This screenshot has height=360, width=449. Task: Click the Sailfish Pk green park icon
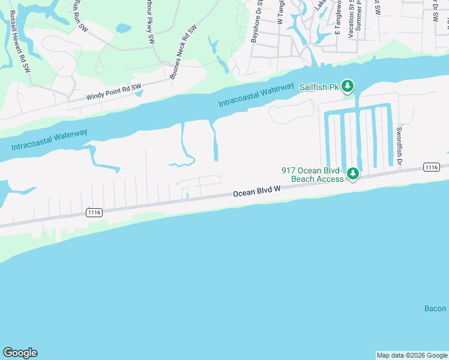[348, 86]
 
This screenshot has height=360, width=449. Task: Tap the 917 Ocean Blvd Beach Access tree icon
[354, 174]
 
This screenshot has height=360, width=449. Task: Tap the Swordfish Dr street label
[398, 146]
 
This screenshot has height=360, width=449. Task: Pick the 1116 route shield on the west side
[94, 212]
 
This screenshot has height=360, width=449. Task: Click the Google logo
[20, 353]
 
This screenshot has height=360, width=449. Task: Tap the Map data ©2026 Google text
[412, 355]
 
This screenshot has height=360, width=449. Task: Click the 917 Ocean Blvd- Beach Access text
[313, 175]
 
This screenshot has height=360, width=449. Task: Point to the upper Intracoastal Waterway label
[256, 95]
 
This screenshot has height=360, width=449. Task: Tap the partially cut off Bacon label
[436, 308]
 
